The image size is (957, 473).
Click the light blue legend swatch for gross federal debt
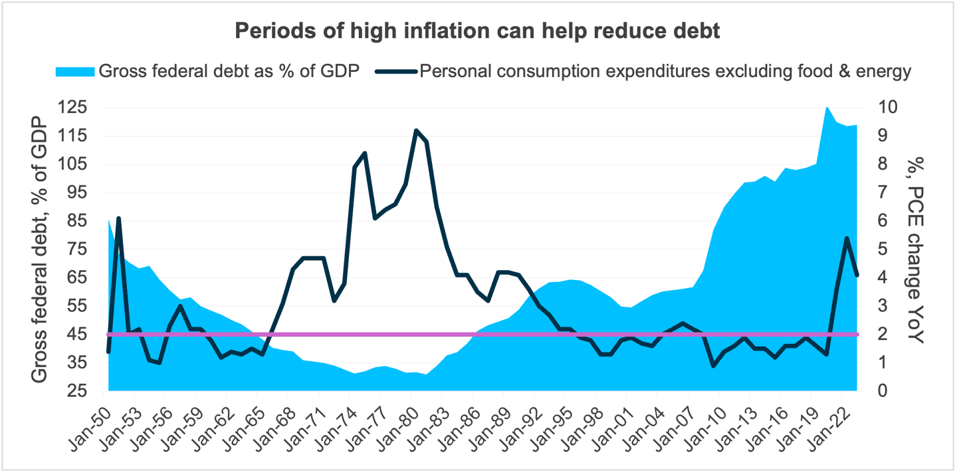pos(75,72)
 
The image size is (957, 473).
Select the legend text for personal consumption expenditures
pos(665,72)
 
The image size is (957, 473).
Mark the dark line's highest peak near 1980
pos(416,130)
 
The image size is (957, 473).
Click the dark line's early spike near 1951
pos(118,218)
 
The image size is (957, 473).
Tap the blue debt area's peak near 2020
pos(826,107)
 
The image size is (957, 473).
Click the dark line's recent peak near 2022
pos(847,238)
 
